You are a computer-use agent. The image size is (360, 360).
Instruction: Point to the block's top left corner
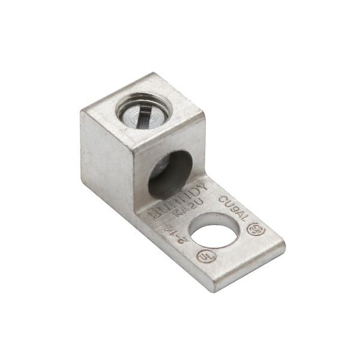click(80, 112)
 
